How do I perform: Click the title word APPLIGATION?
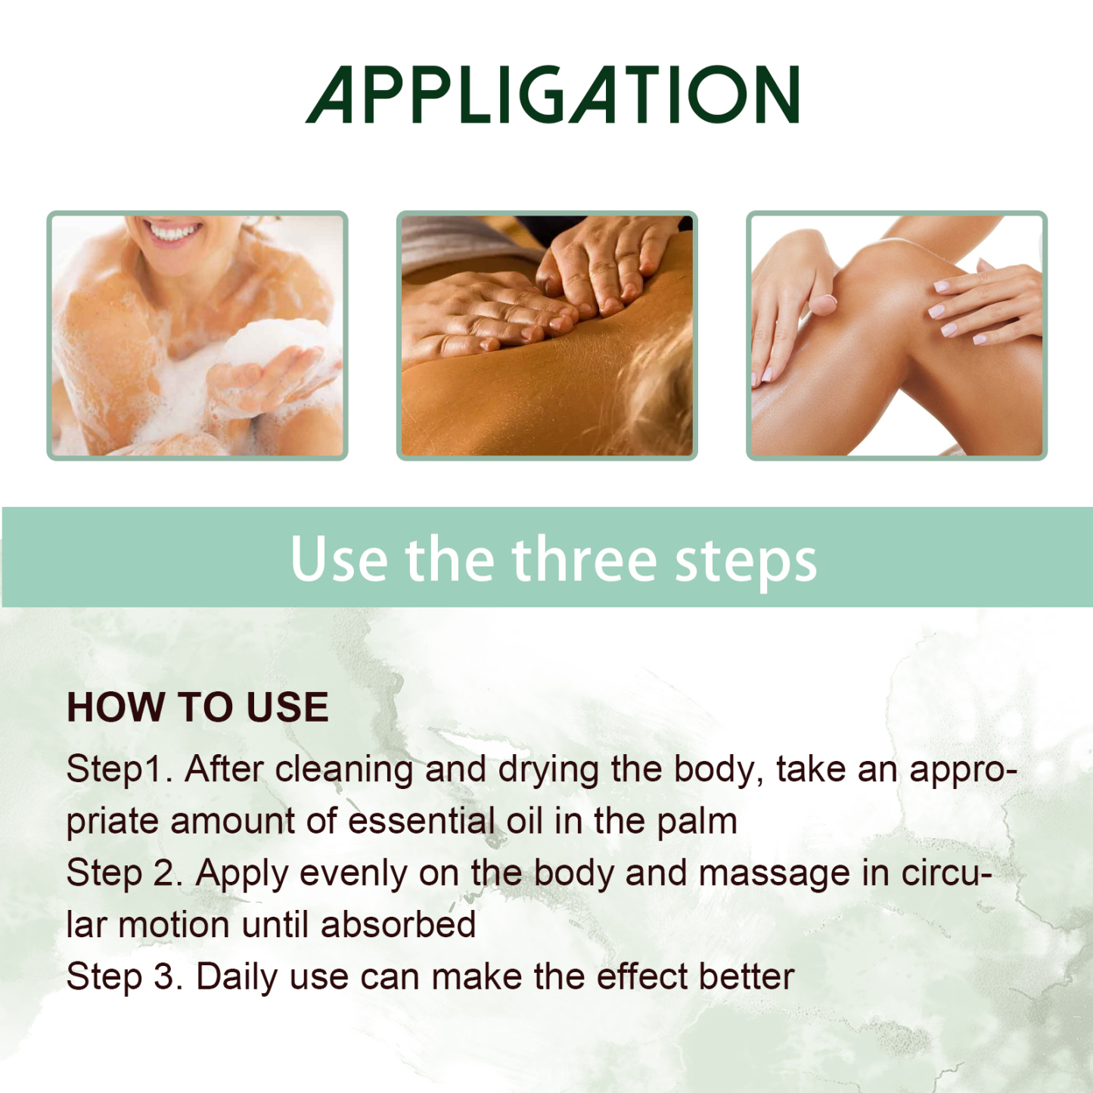[552, 95]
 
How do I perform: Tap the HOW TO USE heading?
[197, 707]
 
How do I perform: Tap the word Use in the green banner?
[338, 560]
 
